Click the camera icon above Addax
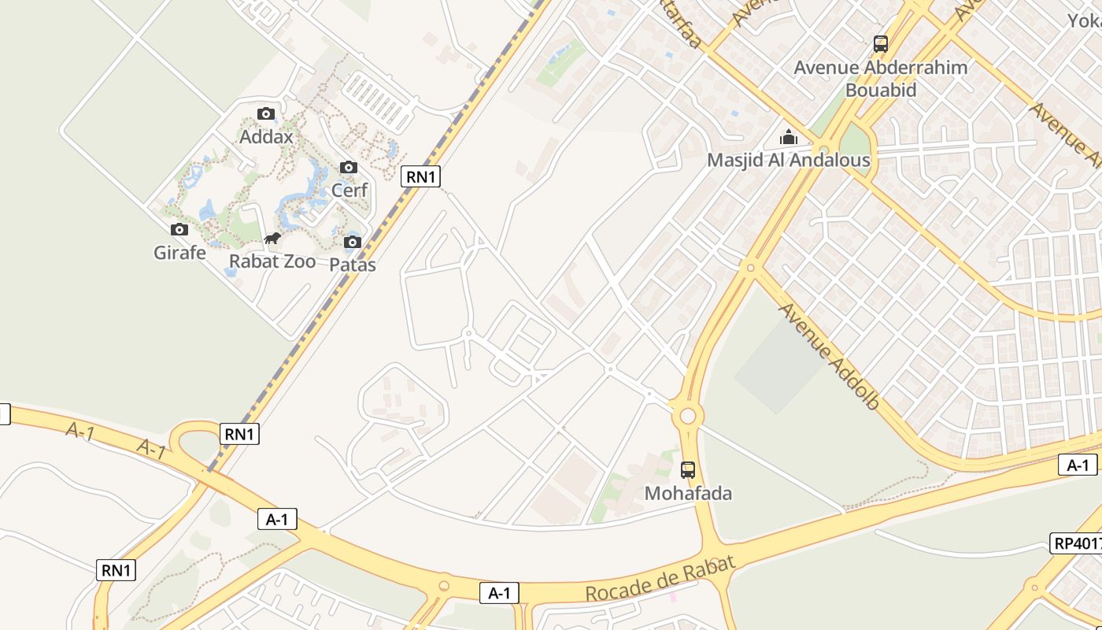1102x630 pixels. pos(266,114)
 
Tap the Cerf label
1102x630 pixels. pos(349,190)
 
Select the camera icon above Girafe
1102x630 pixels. pos(179,230)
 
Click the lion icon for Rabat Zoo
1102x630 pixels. pos(272,239)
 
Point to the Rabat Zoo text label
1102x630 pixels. pos(272,261)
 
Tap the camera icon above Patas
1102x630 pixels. pos(353,242)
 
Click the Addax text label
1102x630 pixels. pos(266,137)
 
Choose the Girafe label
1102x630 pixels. pos(179,253)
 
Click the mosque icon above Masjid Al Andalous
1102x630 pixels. pos(788,138)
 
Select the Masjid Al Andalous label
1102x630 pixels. pos(788,161)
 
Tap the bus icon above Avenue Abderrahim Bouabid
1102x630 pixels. pos(881,44)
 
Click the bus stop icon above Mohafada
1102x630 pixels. pos(688,470)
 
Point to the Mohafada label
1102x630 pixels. pos(688,494)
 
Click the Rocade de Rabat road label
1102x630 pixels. pos(660,579)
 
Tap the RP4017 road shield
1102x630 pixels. pos(1076,543)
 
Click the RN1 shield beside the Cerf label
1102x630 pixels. pos(420,176)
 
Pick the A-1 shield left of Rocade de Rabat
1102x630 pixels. pos(500,593)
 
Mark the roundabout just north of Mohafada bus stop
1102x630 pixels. pos(688,415)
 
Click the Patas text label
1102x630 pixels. pos(353,265)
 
